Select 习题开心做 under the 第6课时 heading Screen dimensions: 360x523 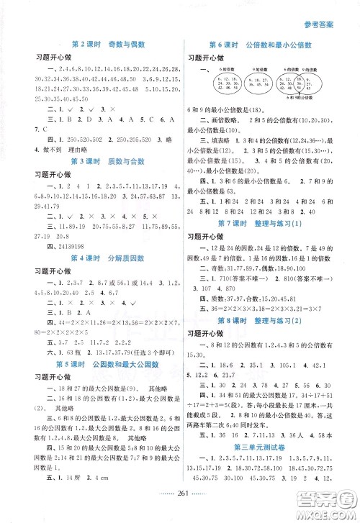207,58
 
